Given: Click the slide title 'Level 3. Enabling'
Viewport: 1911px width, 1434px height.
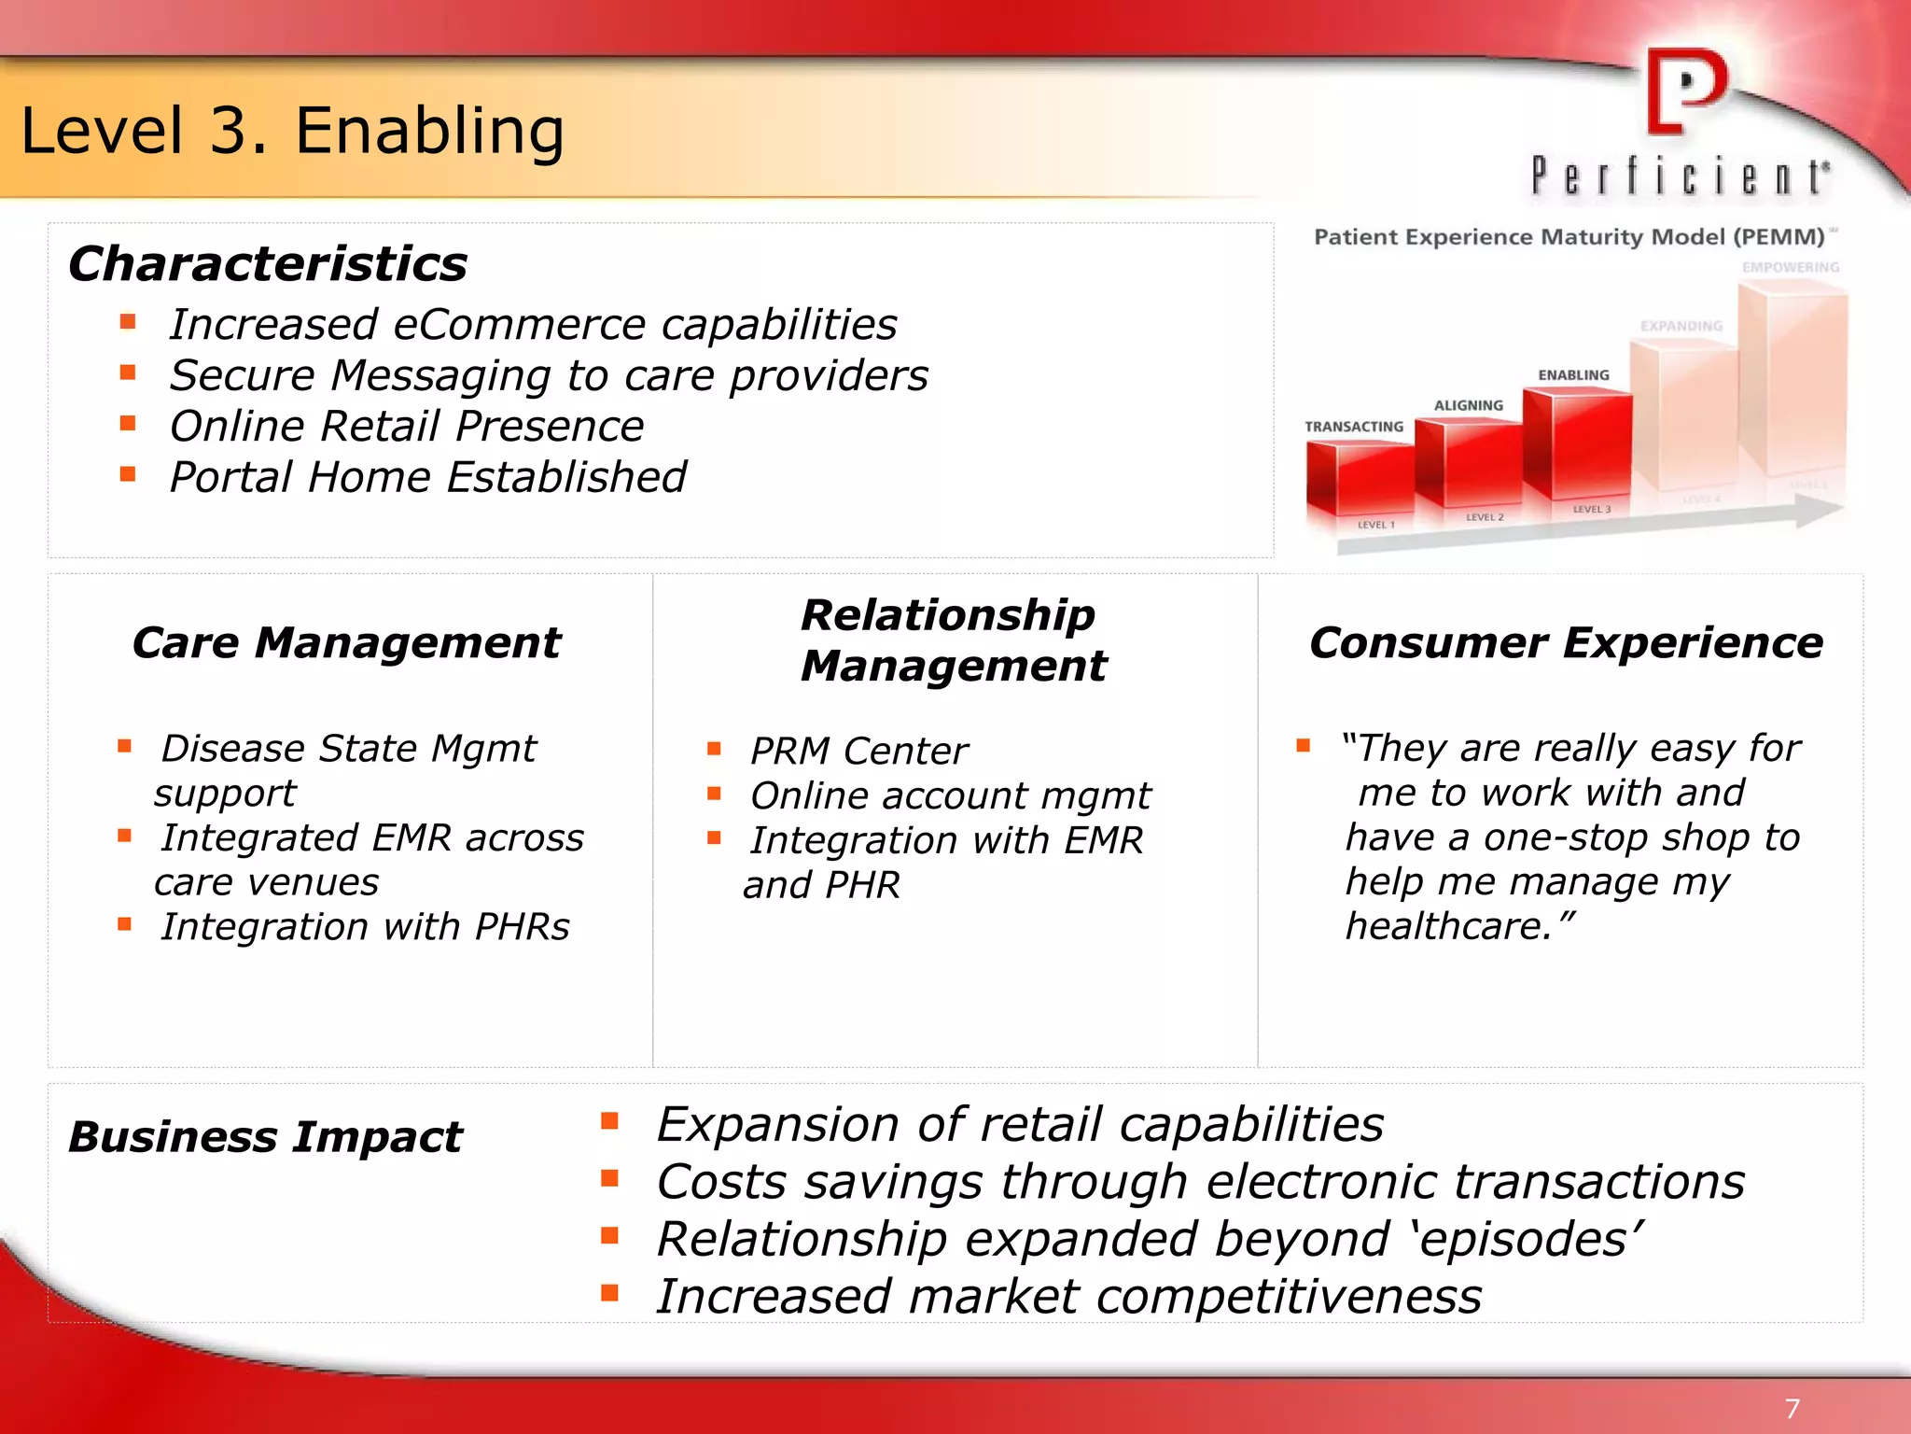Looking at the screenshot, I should coord(292,131).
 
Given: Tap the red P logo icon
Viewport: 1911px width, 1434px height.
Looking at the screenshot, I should coord(1685,91).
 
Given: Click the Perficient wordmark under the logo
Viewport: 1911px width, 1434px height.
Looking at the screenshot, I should coord(1680,176).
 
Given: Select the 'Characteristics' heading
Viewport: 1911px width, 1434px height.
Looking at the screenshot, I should coord(268,263).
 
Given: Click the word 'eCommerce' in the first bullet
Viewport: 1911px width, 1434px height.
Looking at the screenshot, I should coord(519,325).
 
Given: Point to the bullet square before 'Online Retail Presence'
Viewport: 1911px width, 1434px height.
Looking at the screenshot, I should coord(128,424).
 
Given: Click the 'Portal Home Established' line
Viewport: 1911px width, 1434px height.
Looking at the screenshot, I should coord(427,477).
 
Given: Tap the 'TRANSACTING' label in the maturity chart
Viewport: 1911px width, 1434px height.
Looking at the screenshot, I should coord(1353,427).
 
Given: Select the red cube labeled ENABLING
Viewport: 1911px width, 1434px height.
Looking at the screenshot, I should coord(1579,444).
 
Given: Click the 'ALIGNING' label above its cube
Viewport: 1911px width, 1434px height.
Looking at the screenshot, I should coord(1468,405).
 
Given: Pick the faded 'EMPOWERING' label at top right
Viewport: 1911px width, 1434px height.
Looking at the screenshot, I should coord(1790,267).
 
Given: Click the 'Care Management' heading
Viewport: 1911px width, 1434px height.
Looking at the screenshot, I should coord(346,642).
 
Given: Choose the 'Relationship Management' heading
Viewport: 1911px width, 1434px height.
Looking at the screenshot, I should coord(952,640).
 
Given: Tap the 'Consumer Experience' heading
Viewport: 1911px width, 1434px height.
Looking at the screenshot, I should coord(1566,642).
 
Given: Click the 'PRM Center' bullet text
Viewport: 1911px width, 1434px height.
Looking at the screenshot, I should coord(858,751).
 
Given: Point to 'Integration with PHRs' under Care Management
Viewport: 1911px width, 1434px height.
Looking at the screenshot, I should coord(364,927).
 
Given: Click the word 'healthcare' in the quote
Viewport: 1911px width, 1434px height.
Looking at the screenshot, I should coord(1442,926).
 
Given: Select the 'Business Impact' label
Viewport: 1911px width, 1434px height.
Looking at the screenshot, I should coord(265,1136).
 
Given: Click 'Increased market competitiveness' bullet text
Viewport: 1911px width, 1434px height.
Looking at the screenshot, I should coord(1068,1297).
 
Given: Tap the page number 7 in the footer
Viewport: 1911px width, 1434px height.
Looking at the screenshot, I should coord(1792,1409).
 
